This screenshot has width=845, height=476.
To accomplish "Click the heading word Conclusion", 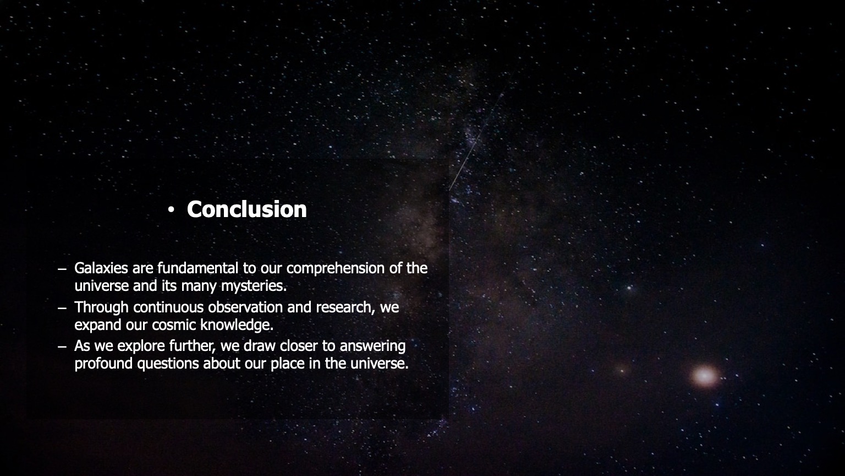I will [x=246, y=209].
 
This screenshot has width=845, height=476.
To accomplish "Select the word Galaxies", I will [x=101, y=268].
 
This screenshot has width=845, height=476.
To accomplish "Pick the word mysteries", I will [x=254, y=286].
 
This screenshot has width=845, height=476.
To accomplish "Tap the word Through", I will [x=101, y=307].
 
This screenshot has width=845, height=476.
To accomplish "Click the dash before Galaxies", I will [x=62, y=269].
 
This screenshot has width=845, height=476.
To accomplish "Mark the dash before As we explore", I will [x=62, y=347].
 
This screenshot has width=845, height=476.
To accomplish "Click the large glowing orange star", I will [x=704, y=376].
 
